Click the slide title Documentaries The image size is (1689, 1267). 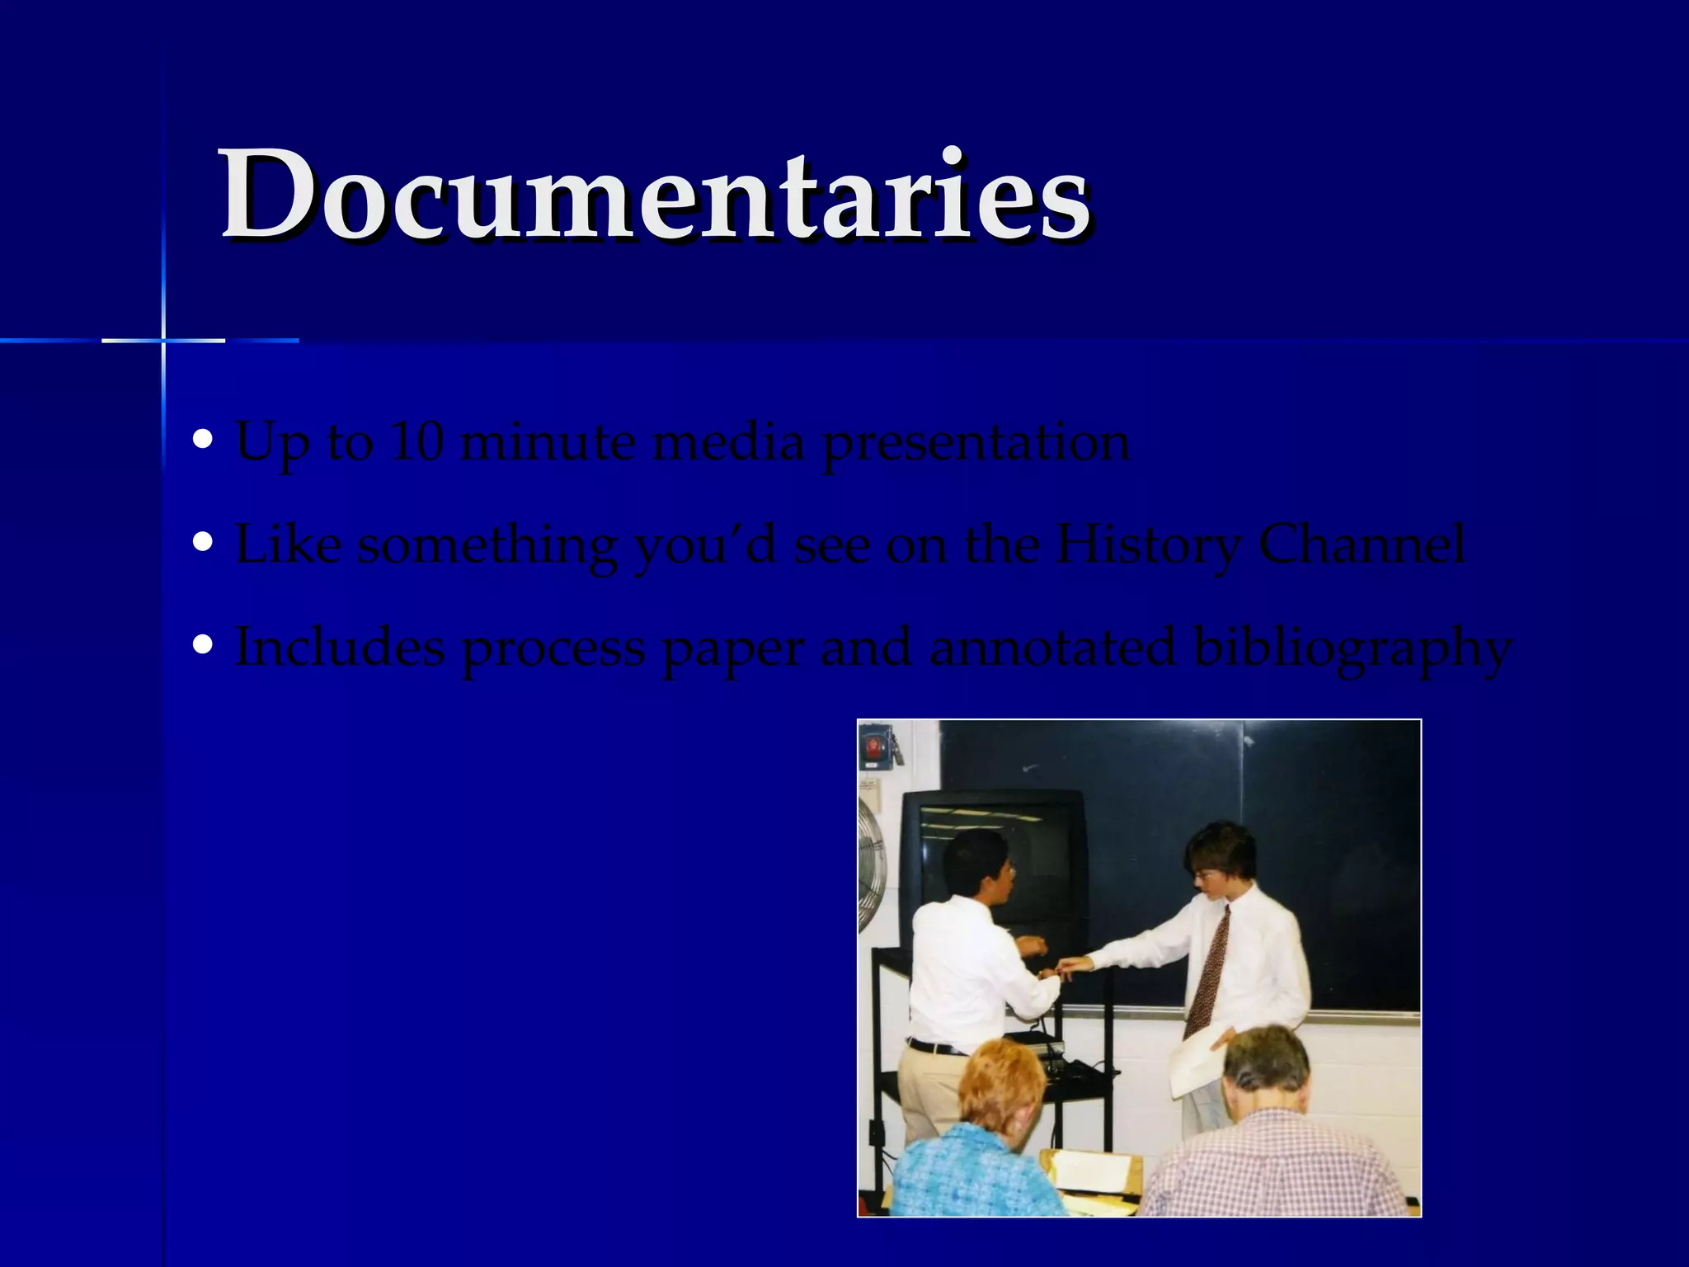click(x=656, y=195)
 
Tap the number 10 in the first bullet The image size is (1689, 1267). click(x=416, y=442)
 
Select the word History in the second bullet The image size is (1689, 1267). click(x=1147, y=544)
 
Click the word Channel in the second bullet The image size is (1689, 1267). click(x=1362, y=544)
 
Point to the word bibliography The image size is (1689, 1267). click(x=1353, y=648)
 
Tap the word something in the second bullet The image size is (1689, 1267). click(x=487, y=546)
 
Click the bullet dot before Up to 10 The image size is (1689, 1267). click(x=202, y=440)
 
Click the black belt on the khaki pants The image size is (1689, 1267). click(x=936, y=1048)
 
